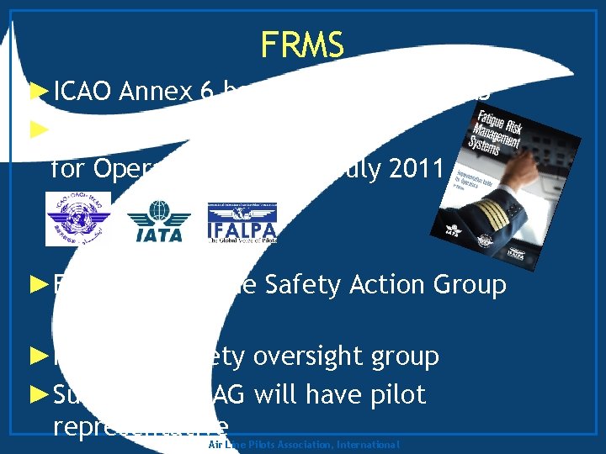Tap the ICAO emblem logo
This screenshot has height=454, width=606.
tap(77, 220)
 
